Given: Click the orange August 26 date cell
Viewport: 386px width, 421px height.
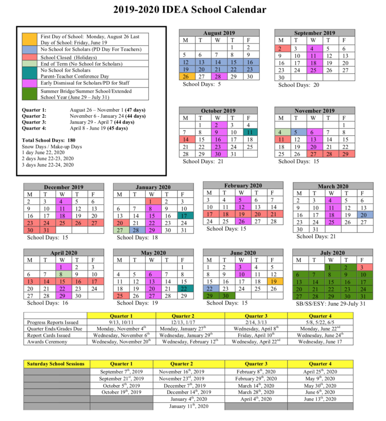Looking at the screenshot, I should click(x=186, y=76).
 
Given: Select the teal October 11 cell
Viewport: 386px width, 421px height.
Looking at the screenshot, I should click(x=251, y=132).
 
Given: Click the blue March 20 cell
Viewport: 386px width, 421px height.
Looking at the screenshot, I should click(x=363, y=215).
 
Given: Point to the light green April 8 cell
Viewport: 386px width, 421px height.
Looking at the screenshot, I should click(x=62, y=274).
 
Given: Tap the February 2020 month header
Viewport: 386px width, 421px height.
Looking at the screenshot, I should click(x=243, y=185).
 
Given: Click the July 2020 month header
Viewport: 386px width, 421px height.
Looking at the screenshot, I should click(x=333, y=253).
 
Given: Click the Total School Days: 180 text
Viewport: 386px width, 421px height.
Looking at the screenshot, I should click(x=49, y=140).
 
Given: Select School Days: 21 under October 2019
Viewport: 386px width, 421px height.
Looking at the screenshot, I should click(x=199, y=162).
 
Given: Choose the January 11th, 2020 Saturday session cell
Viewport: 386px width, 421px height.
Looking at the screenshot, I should click(x=188, y=406).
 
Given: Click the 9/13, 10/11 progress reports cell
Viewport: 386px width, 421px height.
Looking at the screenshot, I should click(x=121, y=322).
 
